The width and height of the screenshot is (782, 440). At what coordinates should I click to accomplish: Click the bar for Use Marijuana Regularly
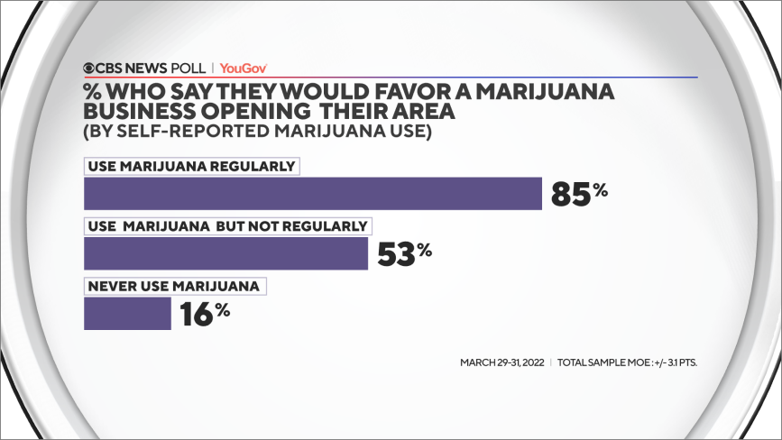(x=312, y=194)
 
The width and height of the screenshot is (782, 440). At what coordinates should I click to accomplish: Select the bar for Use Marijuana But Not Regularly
(x=225, y=253)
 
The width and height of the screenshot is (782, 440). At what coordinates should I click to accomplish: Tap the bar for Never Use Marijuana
(x=127, y=313)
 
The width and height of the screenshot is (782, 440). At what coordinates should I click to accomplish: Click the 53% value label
(x=404, y=253)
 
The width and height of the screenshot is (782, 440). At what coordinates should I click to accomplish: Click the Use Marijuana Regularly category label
(x=191, y=167)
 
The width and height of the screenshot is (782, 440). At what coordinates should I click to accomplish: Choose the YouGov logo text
(x=244, y=68)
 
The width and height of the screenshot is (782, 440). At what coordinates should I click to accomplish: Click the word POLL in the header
(x=186, y=68)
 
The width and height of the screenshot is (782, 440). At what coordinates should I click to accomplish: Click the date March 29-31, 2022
(x=501, y=362)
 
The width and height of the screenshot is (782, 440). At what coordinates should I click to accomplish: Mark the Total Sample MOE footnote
(x=628, y=362)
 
